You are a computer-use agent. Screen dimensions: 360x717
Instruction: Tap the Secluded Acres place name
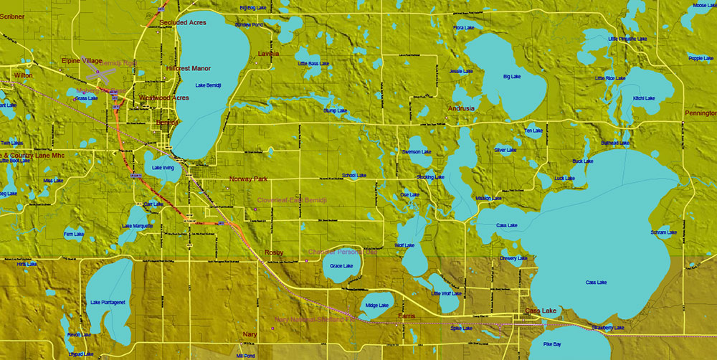[x=183, y=23]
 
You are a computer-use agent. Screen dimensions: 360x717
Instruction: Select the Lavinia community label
[x=268, y=54]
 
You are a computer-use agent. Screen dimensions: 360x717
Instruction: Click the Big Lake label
[x=512, y=76]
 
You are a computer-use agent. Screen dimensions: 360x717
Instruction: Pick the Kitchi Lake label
[x=644, y=98]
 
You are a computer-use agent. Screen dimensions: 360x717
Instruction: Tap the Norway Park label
[x=248, y=179]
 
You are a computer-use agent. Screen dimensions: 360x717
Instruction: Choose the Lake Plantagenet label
[x=108, y=303]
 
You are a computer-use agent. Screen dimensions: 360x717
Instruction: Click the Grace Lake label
[x=341, y=266]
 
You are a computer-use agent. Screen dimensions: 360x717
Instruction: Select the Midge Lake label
[x=376, y=305]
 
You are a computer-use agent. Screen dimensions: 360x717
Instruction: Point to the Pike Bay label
[x=552, y=345]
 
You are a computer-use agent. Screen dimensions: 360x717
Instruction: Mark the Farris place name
[x=407, y=316]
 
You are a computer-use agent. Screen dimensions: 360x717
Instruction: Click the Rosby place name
[x=274, y=252]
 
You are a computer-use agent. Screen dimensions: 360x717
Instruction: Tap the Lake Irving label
[x=163, y=168]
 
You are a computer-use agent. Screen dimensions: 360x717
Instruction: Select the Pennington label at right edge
[x=701, y=113]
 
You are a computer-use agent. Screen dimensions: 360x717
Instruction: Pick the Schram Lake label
[x=663, y=232]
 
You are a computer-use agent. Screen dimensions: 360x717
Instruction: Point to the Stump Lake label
[x=335, y=111]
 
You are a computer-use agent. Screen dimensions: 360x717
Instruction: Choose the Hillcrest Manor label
[x=189, y=69]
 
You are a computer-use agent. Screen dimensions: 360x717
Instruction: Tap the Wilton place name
[x=23, y=75]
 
